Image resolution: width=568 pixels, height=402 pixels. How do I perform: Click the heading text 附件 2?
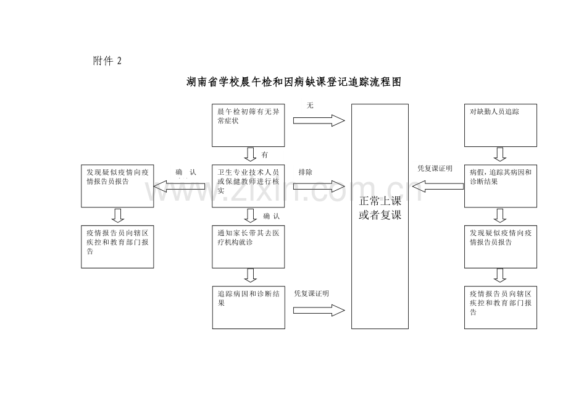(x=107, y=61)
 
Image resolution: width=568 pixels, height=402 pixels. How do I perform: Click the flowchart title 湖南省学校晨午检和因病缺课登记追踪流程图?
(x=293, y=82)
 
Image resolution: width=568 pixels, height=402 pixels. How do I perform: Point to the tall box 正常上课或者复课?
(x=380, y=216)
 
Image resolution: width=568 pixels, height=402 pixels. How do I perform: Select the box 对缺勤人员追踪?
(x=500, y=125)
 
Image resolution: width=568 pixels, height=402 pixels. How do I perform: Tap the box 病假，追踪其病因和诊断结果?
(x=500, y=185)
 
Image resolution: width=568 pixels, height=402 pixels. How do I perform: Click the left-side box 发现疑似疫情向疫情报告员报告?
(x=117, y=185)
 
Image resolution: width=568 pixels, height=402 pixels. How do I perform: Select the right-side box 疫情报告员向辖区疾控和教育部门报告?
(x=500, y=307)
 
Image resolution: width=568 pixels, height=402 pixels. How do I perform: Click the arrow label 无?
(x=310, y=106)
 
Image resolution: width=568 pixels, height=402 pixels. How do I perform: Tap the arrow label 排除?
(x=305, y=172)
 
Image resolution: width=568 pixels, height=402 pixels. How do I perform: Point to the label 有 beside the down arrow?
(x=264, y=154)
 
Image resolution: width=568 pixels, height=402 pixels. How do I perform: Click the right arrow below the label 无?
(x=319, y=120)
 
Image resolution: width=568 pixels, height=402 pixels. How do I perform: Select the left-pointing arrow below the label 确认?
(x=180, y=186)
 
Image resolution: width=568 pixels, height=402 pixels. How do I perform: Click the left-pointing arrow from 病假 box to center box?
(x=437, y=185)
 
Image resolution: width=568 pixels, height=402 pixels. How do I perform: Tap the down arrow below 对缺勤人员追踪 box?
(x=500, y=154)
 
